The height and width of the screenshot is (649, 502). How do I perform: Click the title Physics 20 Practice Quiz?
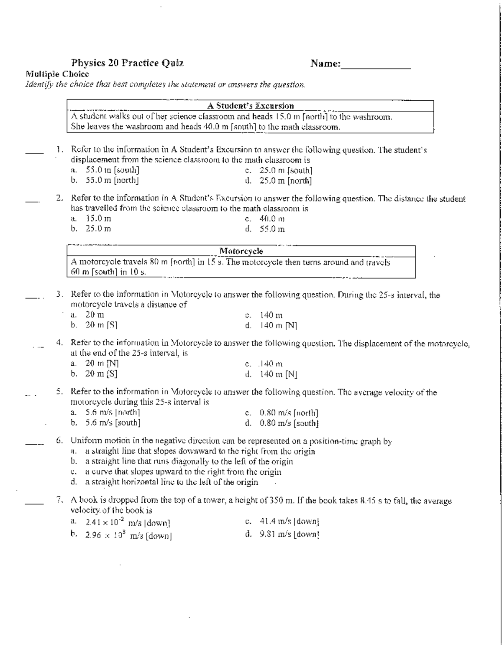127,64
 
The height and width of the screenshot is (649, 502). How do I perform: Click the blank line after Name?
376,66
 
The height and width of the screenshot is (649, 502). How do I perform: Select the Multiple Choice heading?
57,74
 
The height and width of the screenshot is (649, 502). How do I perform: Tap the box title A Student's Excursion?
251,106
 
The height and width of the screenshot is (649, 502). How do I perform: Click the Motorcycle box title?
241,251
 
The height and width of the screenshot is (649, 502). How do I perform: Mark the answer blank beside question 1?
34,153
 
